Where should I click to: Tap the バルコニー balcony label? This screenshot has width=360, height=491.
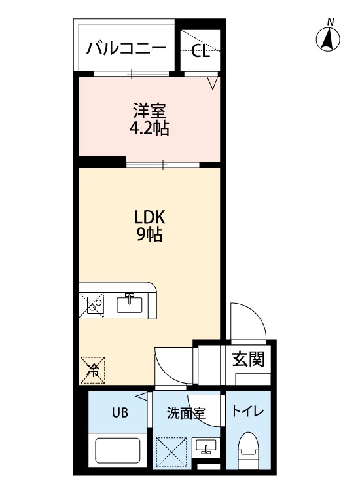click(126, 48)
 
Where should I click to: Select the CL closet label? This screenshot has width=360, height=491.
click(200, 50)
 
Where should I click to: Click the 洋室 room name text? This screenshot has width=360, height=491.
click(149, 111)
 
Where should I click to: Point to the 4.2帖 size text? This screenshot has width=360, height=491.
click(149, 128)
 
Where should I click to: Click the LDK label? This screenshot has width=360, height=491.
click(150, 217)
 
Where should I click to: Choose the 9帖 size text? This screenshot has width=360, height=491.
click(150, 234)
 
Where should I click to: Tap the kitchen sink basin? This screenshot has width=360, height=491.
click(130, 304)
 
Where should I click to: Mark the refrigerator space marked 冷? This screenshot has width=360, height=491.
click(93, 371)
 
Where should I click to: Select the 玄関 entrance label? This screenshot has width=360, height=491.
click(248, 359)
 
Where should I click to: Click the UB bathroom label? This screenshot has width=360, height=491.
click(120, 412)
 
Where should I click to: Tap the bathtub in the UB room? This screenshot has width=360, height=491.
click(117, 450)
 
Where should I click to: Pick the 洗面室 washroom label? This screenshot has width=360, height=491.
click(186, 413)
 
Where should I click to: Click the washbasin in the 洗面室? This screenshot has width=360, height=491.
click(206, 446)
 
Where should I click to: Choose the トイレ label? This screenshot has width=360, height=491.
click(247, 411)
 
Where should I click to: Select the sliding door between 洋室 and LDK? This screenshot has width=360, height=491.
click(163, 164)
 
